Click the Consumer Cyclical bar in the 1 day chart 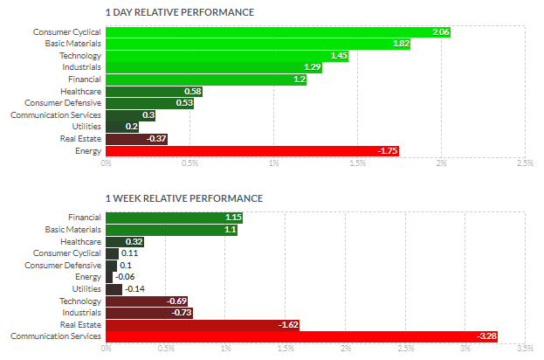(278, 31)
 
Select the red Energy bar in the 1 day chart (252, 150)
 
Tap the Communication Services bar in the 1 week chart (313, 336)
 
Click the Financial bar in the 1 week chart (174, 217)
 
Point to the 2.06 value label (440, 32)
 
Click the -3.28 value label (509, 336)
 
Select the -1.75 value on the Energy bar (388, 150)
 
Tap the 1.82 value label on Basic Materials (401, 44)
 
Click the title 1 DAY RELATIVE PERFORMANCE (179, 12)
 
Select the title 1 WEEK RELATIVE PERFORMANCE (183, 198)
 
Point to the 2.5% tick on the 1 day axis (525, 163)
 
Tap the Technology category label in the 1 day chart (80, 56)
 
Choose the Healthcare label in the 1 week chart (81, 241)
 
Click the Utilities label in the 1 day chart (86, 127)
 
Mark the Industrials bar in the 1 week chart (149, 312)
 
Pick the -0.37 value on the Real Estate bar (157, 139)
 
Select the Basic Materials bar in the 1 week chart (171, 229)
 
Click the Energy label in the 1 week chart (87, 276)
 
